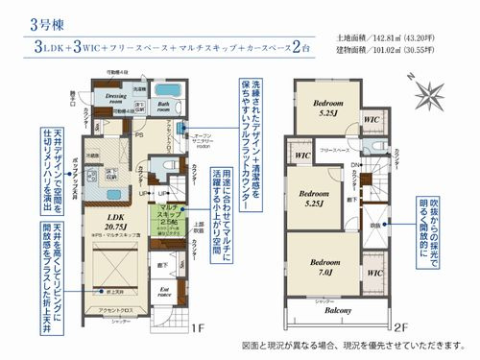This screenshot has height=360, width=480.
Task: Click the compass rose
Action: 430,93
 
